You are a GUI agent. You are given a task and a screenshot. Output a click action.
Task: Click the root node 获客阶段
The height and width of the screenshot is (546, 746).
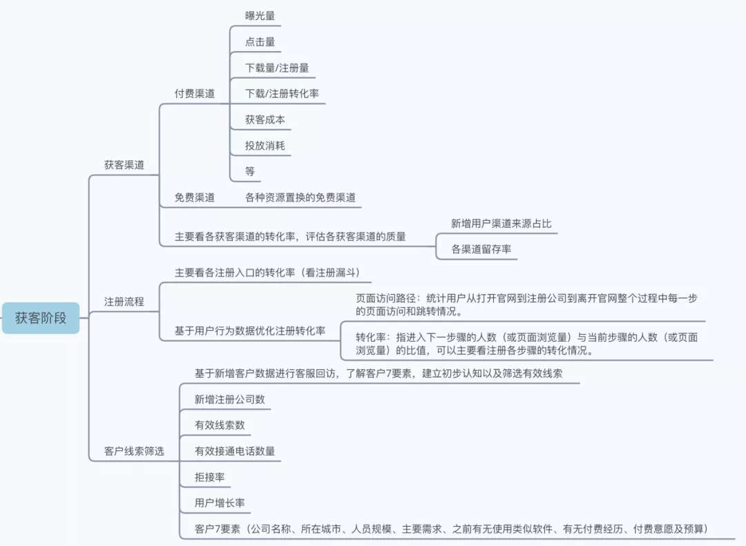[41, 318]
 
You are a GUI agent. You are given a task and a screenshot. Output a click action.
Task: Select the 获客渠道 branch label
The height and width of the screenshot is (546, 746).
[124, 165]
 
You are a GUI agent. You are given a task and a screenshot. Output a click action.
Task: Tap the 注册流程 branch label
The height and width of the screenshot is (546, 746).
[124, 302]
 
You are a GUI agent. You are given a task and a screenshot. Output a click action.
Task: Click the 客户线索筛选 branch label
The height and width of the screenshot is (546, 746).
[134, 451]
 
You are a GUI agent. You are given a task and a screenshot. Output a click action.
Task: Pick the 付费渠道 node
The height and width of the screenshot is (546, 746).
[194, 94]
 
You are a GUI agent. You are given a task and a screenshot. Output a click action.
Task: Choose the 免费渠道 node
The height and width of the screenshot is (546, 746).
[194, 197]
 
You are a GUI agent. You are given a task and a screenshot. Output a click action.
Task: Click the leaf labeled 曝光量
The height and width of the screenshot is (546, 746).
[260, 16]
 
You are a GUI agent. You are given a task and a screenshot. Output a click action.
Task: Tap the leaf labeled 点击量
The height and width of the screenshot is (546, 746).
[260, 41]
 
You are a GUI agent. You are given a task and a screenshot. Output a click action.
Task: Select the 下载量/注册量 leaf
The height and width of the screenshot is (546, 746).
[277, 68]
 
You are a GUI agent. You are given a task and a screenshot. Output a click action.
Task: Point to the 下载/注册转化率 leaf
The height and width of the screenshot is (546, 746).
[282, 93]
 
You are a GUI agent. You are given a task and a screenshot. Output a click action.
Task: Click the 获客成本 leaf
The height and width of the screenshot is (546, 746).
[265, 119]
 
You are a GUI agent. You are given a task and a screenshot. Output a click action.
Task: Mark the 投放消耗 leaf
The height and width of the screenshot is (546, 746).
[265, 146]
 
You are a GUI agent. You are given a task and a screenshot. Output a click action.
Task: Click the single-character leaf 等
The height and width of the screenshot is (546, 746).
[250, 171]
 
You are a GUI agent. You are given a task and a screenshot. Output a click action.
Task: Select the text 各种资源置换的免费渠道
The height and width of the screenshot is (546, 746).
[300, 197]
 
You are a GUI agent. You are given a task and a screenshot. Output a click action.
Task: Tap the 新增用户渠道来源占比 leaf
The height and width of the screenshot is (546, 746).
[501, 224]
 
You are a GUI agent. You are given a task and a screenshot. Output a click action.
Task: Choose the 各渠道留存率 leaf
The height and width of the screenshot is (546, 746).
[481, 249]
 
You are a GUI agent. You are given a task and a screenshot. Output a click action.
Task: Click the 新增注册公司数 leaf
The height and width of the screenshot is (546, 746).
[229, 400]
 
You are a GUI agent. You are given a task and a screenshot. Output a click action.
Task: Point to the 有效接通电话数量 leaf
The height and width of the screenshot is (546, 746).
[235, 451]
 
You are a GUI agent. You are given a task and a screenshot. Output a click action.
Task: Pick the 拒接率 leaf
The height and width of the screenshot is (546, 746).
[209, 477]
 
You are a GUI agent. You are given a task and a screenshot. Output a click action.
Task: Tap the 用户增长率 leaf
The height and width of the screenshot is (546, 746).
[220, 503]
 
